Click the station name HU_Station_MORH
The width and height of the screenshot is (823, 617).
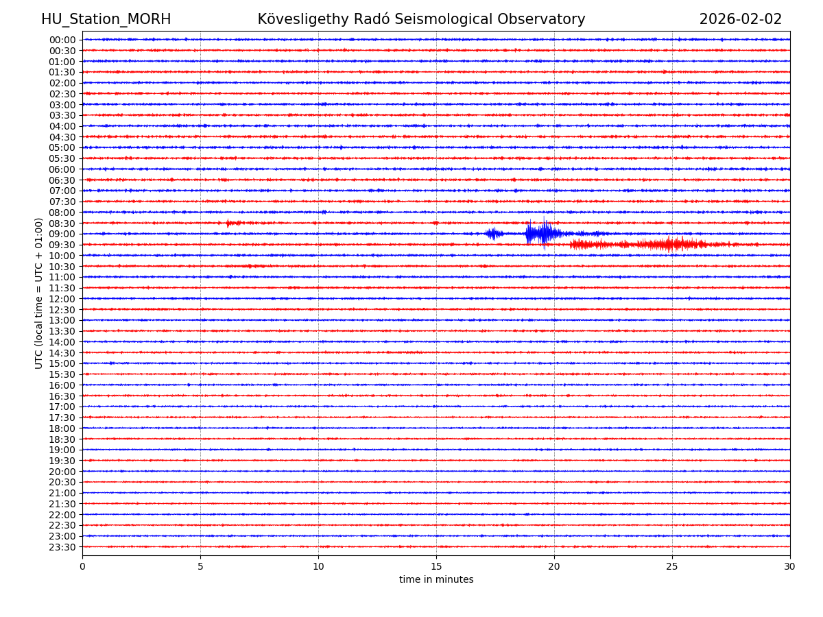pos(106,20)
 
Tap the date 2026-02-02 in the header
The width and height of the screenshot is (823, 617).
pos(740,20)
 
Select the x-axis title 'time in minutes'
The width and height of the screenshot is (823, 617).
pos(436,580)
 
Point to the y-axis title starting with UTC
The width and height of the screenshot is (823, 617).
pos(39,293)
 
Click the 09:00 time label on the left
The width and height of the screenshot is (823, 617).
pos(62,234)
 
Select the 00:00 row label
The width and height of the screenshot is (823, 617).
pos(62,40)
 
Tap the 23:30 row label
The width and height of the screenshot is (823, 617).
pos(62,547)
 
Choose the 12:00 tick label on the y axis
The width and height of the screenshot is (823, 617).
pos(62,299)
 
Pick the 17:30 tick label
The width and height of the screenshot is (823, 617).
pos(62,418)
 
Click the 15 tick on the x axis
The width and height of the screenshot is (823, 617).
pos(436,567)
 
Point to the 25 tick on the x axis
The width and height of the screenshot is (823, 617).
pos(672,567)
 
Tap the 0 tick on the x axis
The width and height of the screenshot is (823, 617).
pos(82,567)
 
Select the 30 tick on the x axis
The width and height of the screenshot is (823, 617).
pos(790,567)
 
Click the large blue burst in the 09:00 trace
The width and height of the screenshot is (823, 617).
pos(542,234)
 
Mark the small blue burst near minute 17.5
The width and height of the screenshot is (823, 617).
pos(493,234)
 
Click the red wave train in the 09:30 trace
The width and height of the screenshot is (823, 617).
pos(658,245)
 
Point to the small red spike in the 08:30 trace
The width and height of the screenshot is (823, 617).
pos(230,223)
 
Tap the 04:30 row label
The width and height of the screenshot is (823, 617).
pos(62,137)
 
